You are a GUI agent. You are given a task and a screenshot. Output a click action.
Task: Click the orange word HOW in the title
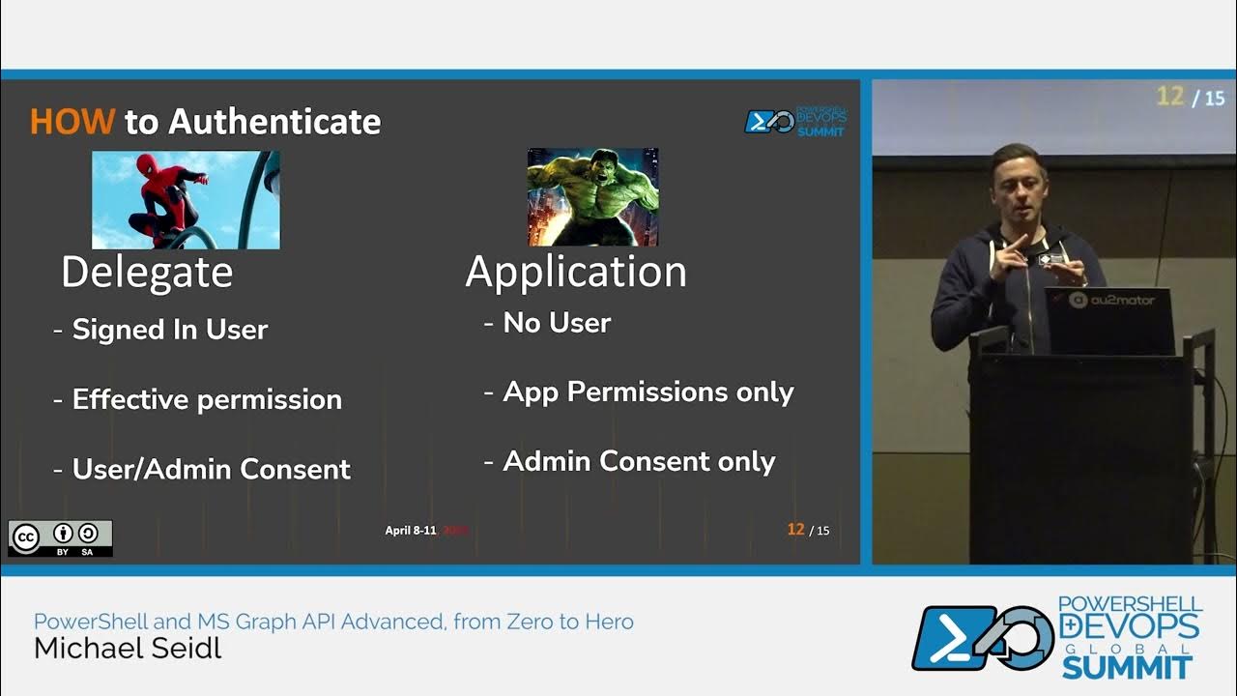pyautogui.click(x=72, y=122)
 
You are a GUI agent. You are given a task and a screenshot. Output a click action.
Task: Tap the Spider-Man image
pyautogui.click(x=186, y=200)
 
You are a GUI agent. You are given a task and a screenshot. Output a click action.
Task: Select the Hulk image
pyautogui.click(x=592, y=197)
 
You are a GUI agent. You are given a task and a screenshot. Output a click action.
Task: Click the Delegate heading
pyautogui.click(x=147, y=273)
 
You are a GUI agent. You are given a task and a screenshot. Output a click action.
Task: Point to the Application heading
pyautogui.click(x=576, y=272)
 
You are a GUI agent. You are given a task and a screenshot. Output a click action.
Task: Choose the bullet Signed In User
pyautogui.click(x=169, y=330)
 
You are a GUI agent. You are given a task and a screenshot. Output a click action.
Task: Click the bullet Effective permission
pyautogui.click(x=206, y=399)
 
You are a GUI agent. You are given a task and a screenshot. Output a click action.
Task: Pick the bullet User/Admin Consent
pyautogui.click(x=211, y=469)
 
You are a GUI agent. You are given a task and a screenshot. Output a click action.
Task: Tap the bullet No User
pyautogui.click(x=557, y=323)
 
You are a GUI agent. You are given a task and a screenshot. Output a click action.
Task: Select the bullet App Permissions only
pyautogui.click(x=647, y=391)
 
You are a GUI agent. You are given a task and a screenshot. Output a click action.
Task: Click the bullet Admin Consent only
pyautogui.click(x=639, y=461)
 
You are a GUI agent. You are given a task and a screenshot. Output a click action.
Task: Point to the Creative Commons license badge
pyautogui.click(x=60, y=538)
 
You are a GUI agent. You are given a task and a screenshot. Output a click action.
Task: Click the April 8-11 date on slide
pyautogui.click(x=411, y=530)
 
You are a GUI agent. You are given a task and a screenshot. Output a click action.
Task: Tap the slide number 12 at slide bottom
pyautogui.click(x=795, y=529)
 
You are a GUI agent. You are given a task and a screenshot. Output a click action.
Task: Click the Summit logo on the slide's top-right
pyautogui.click(x=793, y=122)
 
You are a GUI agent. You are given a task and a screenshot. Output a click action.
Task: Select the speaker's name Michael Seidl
pyautogui.click(x=128, y=649)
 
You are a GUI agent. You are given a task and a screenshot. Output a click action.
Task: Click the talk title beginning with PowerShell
pyautogui.click(x=333, y=622)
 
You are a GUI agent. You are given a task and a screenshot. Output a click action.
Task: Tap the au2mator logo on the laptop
pyautogui.click(x=1111, y=300)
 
